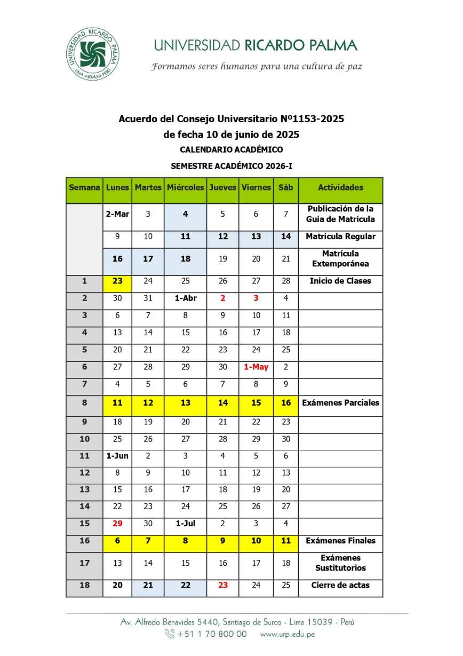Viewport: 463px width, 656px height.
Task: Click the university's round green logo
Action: coord(93,54)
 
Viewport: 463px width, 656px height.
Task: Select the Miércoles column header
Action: coord(185,187)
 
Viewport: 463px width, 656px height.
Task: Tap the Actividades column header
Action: coord(340,187)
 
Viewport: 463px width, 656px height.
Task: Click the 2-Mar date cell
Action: coord(117,214)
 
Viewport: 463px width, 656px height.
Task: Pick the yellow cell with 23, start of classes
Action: coord(117,281)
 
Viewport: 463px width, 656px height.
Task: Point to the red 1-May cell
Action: coord(256,367)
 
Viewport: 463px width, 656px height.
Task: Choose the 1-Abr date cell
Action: coord(185,298)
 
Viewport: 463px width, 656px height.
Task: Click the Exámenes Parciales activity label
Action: coord(340,403)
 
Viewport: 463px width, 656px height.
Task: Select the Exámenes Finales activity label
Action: coord(340,541)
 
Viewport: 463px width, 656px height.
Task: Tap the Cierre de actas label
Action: coord(340,586)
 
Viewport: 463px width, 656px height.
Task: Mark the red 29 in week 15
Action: coord(117,524)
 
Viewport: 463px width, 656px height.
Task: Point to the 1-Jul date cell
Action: coord(185,524)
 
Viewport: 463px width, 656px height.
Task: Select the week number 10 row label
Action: coord(84,438)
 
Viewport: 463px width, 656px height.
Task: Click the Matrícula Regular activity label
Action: coord(340,236)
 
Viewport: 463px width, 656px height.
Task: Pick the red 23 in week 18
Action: coord(223,586)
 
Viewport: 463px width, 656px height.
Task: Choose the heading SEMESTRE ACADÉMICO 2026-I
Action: coord(231,167)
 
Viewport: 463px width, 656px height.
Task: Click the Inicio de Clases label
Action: coord(340,281)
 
